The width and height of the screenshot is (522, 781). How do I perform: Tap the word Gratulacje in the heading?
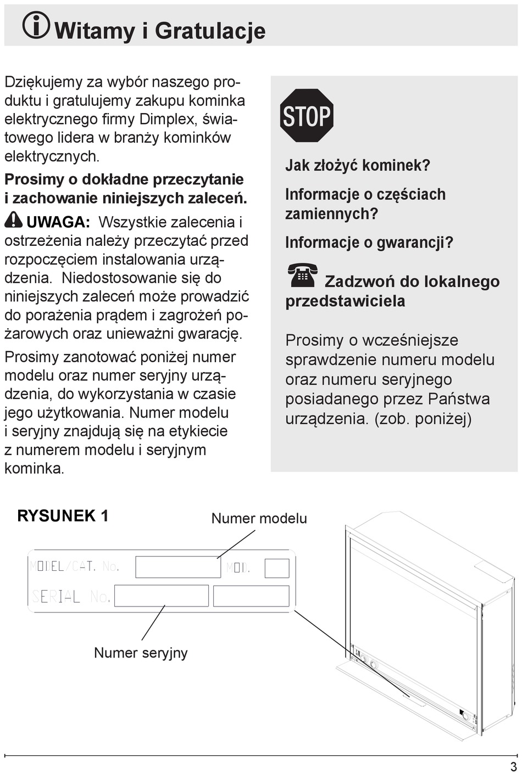(x=210, y=31)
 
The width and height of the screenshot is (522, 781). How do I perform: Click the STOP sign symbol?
(x=307, y=116)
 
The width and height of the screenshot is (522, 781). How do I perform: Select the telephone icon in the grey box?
(x=302, y=276)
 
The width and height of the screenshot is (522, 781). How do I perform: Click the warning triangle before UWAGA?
(x=13, y=220)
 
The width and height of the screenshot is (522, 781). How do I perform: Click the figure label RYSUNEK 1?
(x=63, y=516)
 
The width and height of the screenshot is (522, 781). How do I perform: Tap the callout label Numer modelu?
(x=259, y=519)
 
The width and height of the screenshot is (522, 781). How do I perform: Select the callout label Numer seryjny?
(x=141, y=653)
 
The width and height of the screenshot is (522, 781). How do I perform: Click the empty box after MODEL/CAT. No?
(x=177, y=567)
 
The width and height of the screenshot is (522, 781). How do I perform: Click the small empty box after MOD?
(x=277, y=568)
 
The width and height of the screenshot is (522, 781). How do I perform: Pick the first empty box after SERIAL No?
(x=162, y=596)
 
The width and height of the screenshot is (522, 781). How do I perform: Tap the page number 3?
(x=513, y=767)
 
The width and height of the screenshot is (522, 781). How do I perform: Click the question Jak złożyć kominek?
(x=358, y=165)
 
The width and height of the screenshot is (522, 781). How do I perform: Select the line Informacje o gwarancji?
(x=369, y=242)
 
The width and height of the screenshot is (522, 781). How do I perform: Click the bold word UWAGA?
(x=58, y=222)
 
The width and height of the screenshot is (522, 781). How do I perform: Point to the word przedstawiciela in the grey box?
(x=345, y=301)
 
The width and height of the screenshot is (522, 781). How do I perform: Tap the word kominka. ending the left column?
(x=35, y=468)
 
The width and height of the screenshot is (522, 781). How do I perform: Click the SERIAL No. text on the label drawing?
(x=71, y=596)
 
